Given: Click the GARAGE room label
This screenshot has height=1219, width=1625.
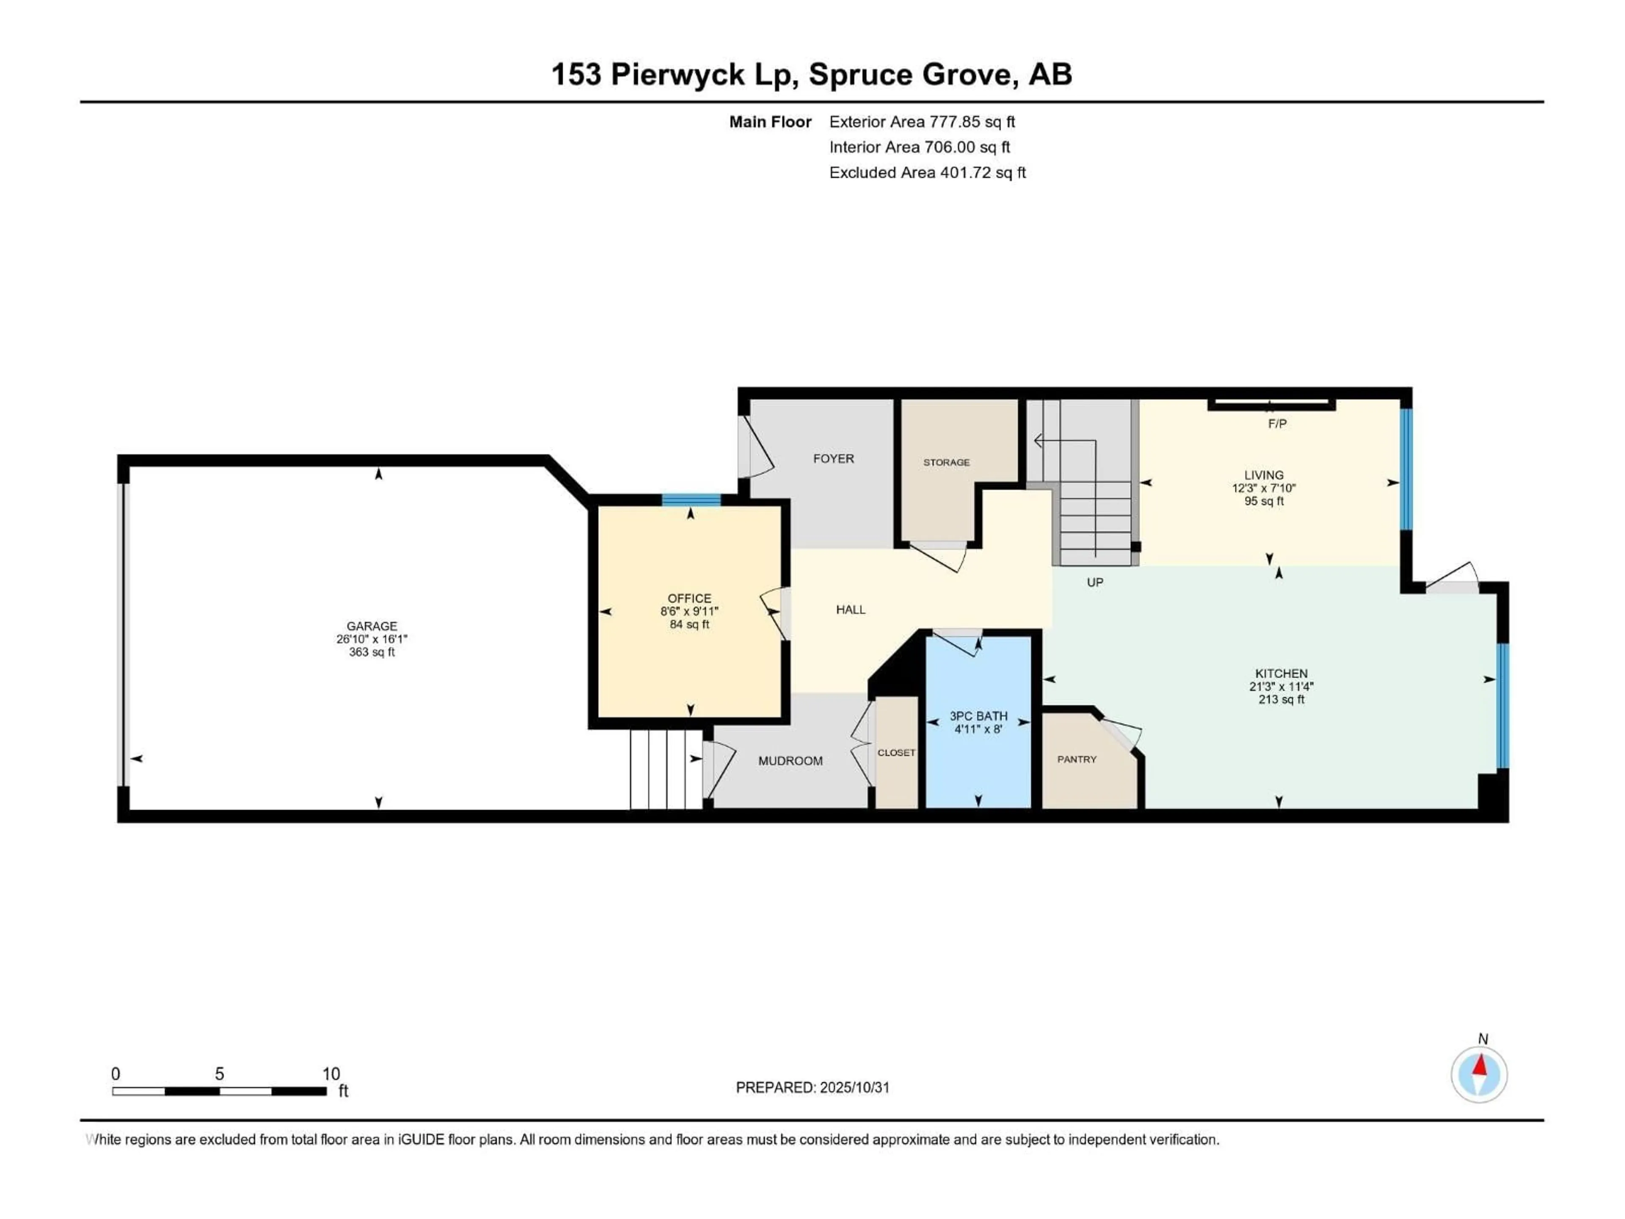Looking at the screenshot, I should click(372, 626).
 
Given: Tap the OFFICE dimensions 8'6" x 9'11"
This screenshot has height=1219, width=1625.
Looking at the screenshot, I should click(689, 611).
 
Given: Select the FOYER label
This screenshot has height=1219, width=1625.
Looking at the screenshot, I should click(833, 458).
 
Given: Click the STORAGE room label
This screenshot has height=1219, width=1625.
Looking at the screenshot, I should click(946, 462).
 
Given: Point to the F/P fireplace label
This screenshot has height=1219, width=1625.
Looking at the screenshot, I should click(1277, 424).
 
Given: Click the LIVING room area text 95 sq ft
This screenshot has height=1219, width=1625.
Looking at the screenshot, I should click(1264, 501).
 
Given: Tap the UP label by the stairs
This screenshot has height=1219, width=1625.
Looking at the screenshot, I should click(1095, 583).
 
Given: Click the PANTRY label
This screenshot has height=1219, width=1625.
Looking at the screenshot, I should click(1076, 759).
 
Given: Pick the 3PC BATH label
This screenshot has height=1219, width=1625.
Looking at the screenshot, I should click(978, 716).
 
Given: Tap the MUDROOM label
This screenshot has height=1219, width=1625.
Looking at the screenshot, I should click(790, 761).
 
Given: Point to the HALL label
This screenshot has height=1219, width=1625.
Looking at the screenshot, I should click(850, 609).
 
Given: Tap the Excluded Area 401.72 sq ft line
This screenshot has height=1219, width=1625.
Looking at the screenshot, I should click(927, 173).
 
